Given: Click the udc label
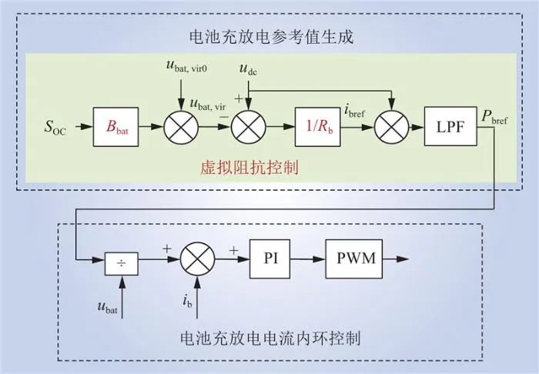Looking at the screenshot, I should tap(248, 72).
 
